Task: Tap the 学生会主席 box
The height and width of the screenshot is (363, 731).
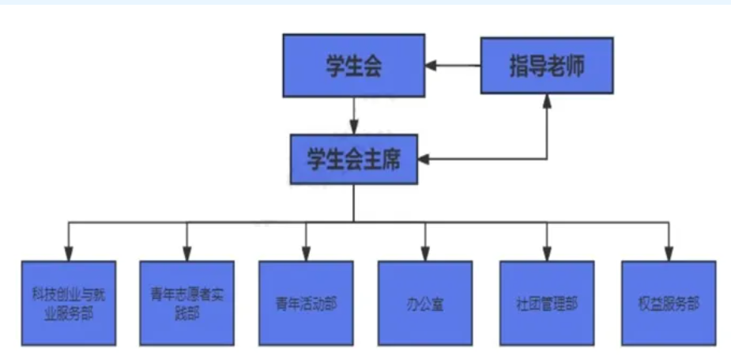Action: [x=353, y=160]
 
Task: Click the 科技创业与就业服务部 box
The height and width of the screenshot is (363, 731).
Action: [x=69, y=304]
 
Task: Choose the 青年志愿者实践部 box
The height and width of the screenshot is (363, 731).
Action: [x=187, y=304]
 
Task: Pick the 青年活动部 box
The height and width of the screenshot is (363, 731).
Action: [x=306, y=304]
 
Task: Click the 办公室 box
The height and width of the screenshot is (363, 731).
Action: [x=425, y=304]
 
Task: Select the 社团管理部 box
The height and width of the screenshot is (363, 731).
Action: [x=546, y=304]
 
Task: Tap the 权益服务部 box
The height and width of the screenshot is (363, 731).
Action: [x=669, y=304]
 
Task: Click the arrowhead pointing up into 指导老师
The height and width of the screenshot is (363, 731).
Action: [x=547, y=100]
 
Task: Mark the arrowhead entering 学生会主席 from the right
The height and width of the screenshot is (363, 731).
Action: [x=424, y=160]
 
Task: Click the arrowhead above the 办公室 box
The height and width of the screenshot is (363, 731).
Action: [x=425, y=253]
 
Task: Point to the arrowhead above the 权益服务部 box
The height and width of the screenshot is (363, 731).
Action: [x=669, y=253]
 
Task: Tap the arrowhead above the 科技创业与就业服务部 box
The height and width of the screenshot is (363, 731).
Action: [x=69, y=253]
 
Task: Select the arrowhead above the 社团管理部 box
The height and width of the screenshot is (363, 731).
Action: [x=546, y=253]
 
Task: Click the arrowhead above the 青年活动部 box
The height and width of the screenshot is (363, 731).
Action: [x=306, y=253]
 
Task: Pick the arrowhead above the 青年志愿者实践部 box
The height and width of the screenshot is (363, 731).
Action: [x=187, y=253]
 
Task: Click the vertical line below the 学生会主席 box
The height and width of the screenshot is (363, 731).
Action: [x=353, y=202]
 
